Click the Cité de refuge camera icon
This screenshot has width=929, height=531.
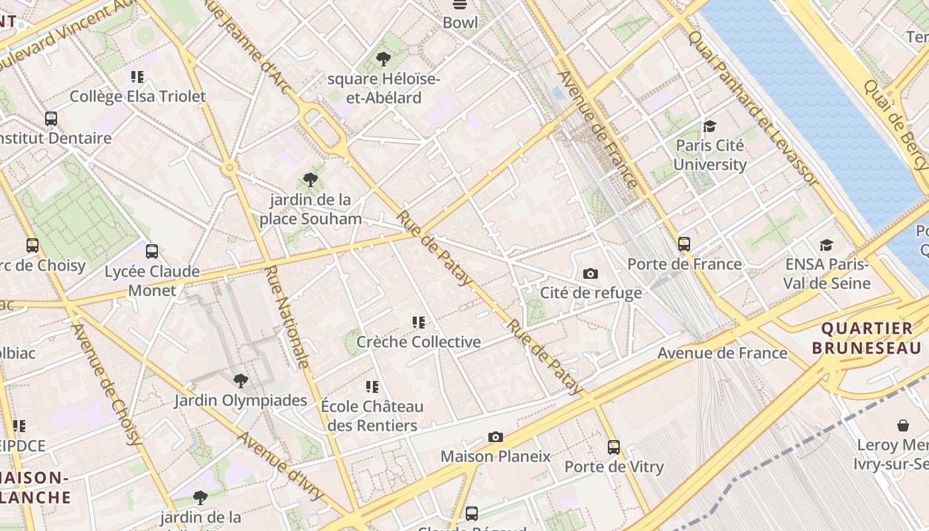pos(590,273)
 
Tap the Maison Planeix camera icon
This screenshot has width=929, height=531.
pos(495,437)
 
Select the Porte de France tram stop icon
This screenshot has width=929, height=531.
pos(684,244)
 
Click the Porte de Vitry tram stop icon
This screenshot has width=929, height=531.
pos(614,447)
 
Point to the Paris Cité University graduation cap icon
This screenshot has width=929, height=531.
pos(710,126)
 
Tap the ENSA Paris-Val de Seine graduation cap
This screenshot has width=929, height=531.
pos(826,245)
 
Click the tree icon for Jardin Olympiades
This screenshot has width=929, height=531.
pos(241,380)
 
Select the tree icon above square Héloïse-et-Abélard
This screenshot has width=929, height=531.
pos(383,59)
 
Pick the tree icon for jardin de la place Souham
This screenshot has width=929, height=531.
pos(310,179)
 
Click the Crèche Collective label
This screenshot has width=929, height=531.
pos(419,342)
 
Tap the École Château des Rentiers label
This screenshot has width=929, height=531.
pos(372,416)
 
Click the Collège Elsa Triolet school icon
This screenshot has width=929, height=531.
pos(137,77)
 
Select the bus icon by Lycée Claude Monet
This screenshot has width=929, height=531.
pos(152,252)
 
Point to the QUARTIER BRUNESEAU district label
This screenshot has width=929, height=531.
pos(867,338)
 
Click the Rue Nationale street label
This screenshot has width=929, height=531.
pos(287,317)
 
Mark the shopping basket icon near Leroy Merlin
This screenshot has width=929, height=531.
pos(902,425)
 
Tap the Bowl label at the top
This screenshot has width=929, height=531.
pos(460,23)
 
